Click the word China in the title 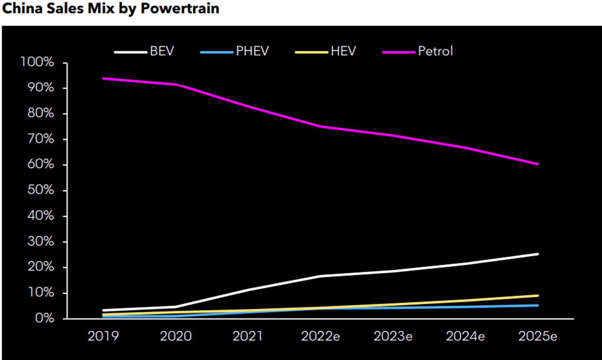tap(22, 8)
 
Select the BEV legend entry tap(162, 51)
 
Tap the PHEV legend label tap(252, 51)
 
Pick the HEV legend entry tap(343, 51)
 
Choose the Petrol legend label tap(435, 51)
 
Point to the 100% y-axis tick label tap(37, 62)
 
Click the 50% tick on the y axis tap(40, 190)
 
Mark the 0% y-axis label tap(44, 318)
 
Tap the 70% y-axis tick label tap(40, 139)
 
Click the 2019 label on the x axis tap(103, 336)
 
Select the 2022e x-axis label tap(320, 336)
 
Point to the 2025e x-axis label tap(537, 336)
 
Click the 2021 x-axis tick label tap(248, 336)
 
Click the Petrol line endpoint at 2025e tap(538, 164)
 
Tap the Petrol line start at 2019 tap(103, 78)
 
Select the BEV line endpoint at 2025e tap(538, 254)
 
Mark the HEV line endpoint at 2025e tap(538, 296)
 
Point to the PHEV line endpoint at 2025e tap(538, 305)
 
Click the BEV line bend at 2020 tap(176, 307)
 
